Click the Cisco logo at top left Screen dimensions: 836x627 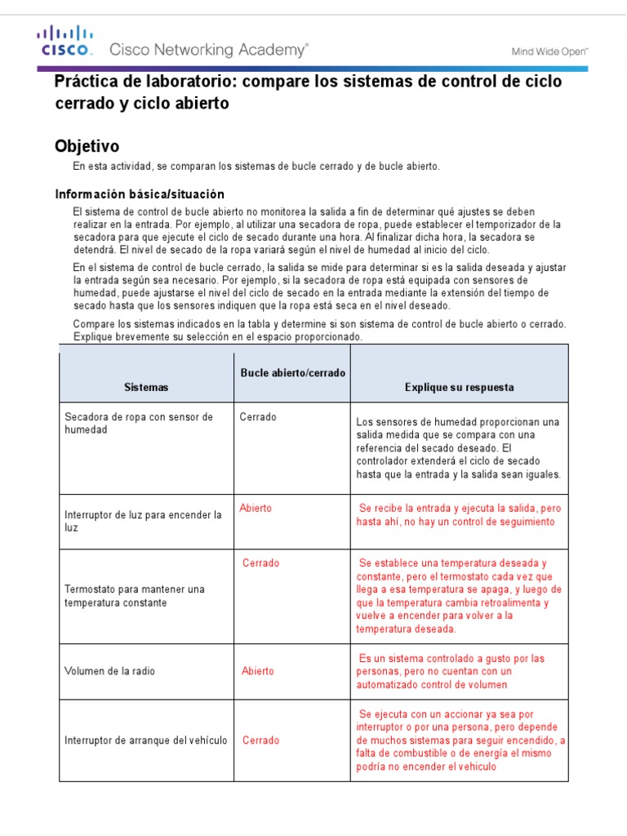64,41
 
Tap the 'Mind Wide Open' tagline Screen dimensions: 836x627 549,51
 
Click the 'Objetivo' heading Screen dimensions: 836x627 87,146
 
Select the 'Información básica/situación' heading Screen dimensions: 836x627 139,194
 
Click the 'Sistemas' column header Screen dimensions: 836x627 146,387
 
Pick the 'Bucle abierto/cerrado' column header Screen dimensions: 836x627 292,372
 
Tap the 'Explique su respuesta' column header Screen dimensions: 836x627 460,387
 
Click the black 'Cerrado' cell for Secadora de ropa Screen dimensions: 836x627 258,417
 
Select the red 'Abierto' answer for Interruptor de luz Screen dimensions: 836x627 256,508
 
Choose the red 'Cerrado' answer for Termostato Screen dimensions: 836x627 260,563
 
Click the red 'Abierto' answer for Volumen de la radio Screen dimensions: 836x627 258,671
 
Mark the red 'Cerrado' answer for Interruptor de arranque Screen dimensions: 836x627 260,740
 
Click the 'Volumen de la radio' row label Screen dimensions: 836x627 109,671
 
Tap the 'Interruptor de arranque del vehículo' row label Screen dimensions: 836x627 145,740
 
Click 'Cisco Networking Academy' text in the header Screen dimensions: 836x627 209,51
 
